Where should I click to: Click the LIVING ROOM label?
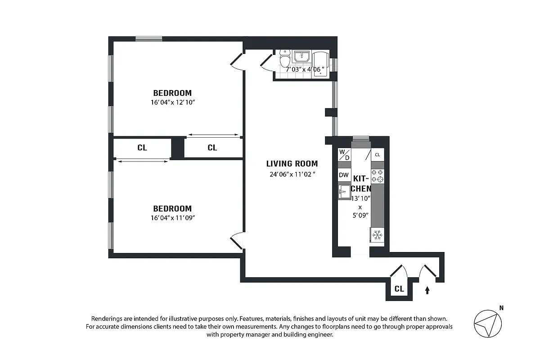(292, 164)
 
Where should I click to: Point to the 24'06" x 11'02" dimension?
(292, 175)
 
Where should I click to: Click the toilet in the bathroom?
(284, 58)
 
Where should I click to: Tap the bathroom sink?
(301, 57)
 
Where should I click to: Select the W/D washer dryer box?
(344, 154)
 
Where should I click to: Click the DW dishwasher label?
(344, 175)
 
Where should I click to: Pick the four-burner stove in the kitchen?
(377, 175)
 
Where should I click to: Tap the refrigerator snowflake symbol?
(377, 234)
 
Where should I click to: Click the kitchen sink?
(344, 192)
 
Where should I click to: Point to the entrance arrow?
(427, 290)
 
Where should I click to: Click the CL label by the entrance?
(399, 289)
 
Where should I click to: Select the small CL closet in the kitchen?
(378, 154)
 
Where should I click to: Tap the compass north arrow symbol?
(487, 323)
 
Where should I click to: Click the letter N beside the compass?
(501, 308)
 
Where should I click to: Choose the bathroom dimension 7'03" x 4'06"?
(304, 69)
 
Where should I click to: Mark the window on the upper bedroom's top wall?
(149, 39)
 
